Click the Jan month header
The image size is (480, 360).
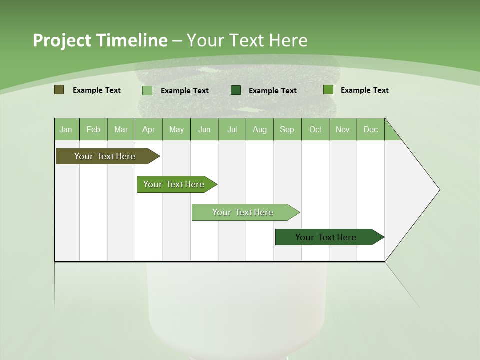66,129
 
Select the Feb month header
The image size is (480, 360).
93,129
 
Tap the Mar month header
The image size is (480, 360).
121,129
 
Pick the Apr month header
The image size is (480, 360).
149,129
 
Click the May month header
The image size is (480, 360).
176,129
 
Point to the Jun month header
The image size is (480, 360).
204,129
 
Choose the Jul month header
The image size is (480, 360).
232,129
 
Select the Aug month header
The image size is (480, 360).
260,129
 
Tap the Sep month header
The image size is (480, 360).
287,129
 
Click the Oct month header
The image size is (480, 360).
315,129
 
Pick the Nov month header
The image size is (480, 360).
343,129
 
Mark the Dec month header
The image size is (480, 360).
371,129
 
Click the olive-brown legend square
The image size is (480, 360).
59,90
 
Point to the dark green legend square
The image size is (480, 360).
236,90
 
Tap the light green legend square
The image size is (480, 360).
147,90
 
